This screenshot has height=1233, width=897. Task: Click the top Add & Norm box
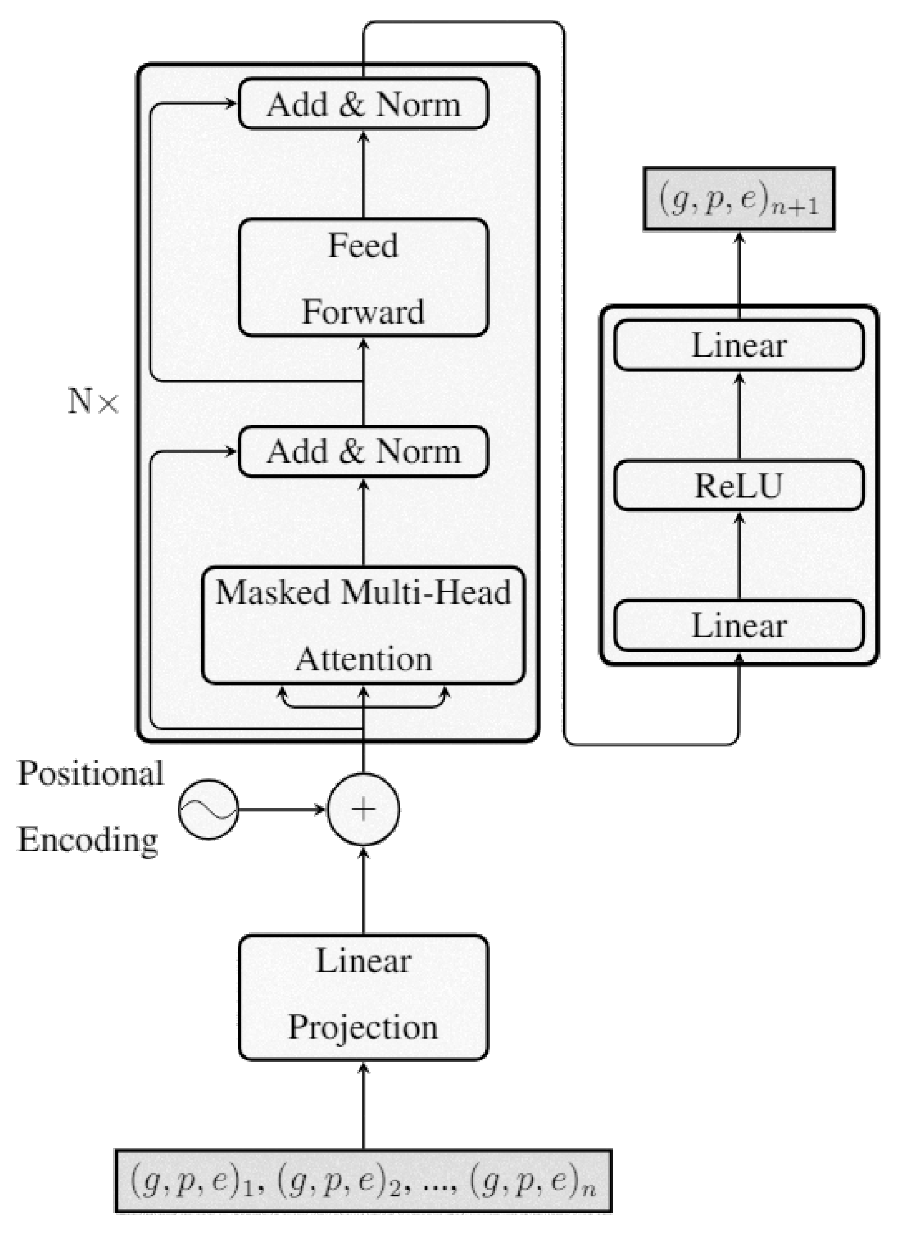tap(363, 104)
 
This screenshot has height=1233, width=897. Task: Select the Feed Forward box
tap(363, 278)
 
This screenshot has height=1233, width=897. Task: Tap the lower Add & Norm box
tap(363, 451)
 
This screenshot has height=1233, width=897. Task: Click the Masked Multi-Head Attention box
tap(363, 625)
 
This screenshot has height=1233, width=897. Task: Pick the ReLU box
tap(738, 485)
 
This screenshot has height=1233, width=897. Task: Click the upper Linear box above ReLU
tap(738, 345)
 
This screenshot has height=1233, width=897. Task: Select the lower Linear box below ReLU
tap(738, 625)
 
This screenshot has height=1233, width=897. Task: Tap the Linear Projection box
tap(363, 997)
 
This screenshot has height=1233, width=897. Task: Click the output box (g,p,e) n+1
tap(738, 199)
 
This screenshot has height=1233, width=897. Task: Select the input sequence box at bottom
tap(363, 1180)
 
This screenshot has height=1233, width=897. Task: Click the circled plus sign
tap(363, 809)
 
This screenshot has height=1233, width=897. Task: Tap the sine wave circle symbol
tap(208, 809)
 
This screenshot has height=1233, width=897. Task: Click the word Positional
tap(91, 773)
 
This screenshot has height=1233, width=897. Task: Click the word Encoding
tap(88, 840)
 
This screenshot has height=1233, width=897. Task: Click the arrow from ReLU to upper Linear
tap(738, 416)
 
